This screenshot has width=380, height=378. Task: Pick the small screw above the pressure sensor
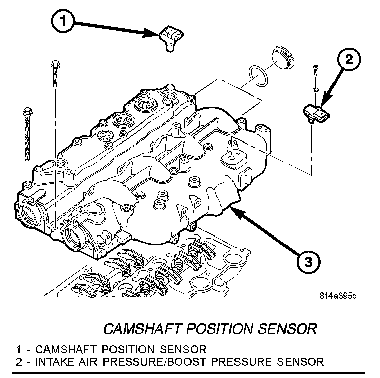click(315, 74)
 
